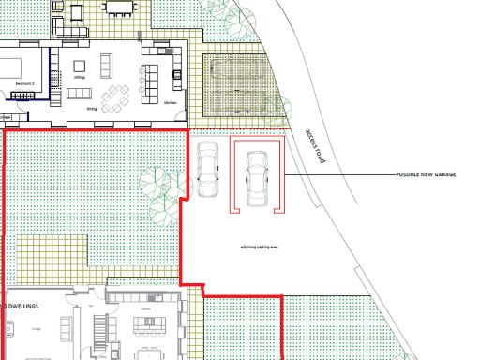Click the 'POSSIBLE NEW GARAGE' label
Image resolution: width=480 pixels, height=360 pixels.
(425, 175)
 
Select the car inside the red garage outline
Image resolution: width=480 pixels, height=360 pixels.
(255, 177)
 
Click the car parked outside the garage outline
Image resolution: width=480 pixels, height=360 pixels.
(207, 170)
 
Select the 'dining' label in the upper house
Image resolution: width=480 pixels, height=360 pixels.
(92, 109)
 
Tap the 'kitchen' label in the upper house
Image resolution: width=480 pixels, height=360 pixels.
(170, 102)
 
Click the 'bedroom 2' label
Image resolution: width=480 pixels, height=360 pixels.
(24, 84)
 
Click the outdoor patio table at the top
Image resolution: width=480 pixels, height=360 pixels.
(119, 8)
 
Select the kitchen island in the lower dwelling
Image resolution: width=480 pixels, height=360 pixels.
(147, 326)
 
